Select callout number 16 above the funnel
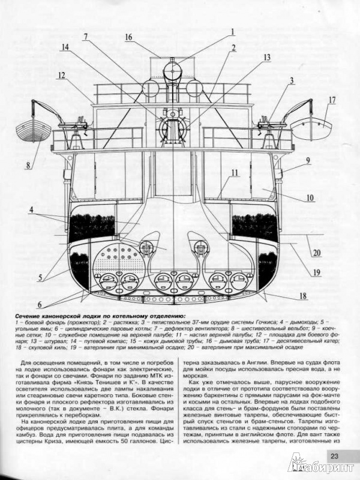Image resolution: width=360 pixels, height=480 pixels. click(x=128, y=37)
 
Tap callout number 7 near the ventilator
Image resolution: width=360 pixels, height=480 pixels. click(x=85, y=36)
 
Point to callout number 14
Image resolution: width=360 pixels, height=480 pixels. click(x=65, y=47)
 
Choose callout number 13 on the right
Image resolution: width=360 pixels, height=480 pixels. click(x=266, y=58)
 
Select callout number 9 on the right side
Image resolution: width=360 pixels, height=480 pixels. click(x=307, y=161)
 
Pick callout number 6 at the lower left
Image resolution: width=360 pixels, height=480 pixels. click(x=39, y=304)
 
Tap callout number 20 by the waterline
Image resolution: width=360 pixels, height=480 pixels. click(x=316, y=253)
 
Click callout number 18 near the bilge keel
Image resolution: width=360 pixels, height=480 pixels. click(x=303, y=295)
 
